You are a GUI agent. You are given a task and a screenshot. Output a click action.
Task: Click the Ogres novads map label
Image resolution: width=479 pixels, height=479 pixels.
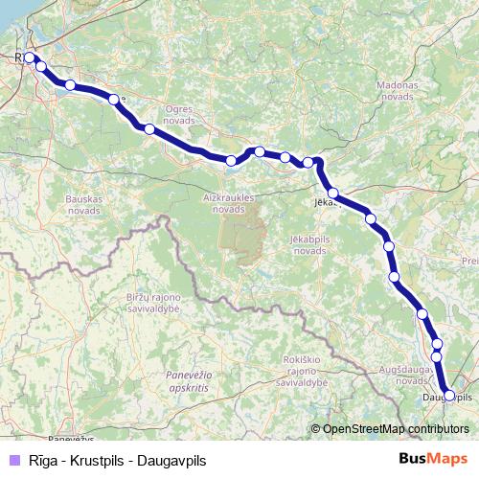pos(179,115)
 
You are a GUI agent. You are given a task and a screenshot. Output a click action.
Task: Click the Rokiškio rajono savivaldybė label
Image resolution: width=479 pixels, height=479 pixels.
pos(303,370)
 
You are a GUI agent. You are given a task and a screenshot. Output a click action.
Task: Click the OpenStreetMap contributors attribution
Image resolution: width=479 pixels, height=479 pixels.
pos(396,429)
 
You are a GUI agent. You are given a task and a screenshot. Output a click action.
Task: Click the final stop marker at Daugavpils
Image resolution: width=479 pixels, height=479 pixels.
pos(449,395)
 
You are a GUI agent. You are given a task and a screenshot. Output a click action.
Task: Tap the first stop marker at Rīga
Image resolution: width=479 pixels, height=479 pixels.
pos(29,57)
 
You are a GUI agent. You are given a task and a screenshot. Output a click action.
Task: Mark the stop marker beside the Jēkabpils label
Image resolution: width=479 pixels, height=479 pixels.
pos(332,194)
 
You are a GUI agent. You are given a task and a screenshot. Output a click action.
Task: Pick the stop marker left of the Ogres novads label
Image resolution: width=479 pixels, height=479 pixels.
pos(148,128)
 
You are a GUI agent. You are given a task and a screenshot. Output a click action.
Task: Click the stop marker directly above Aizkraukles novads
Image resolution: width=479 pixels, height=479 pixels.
pos(231,160)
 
